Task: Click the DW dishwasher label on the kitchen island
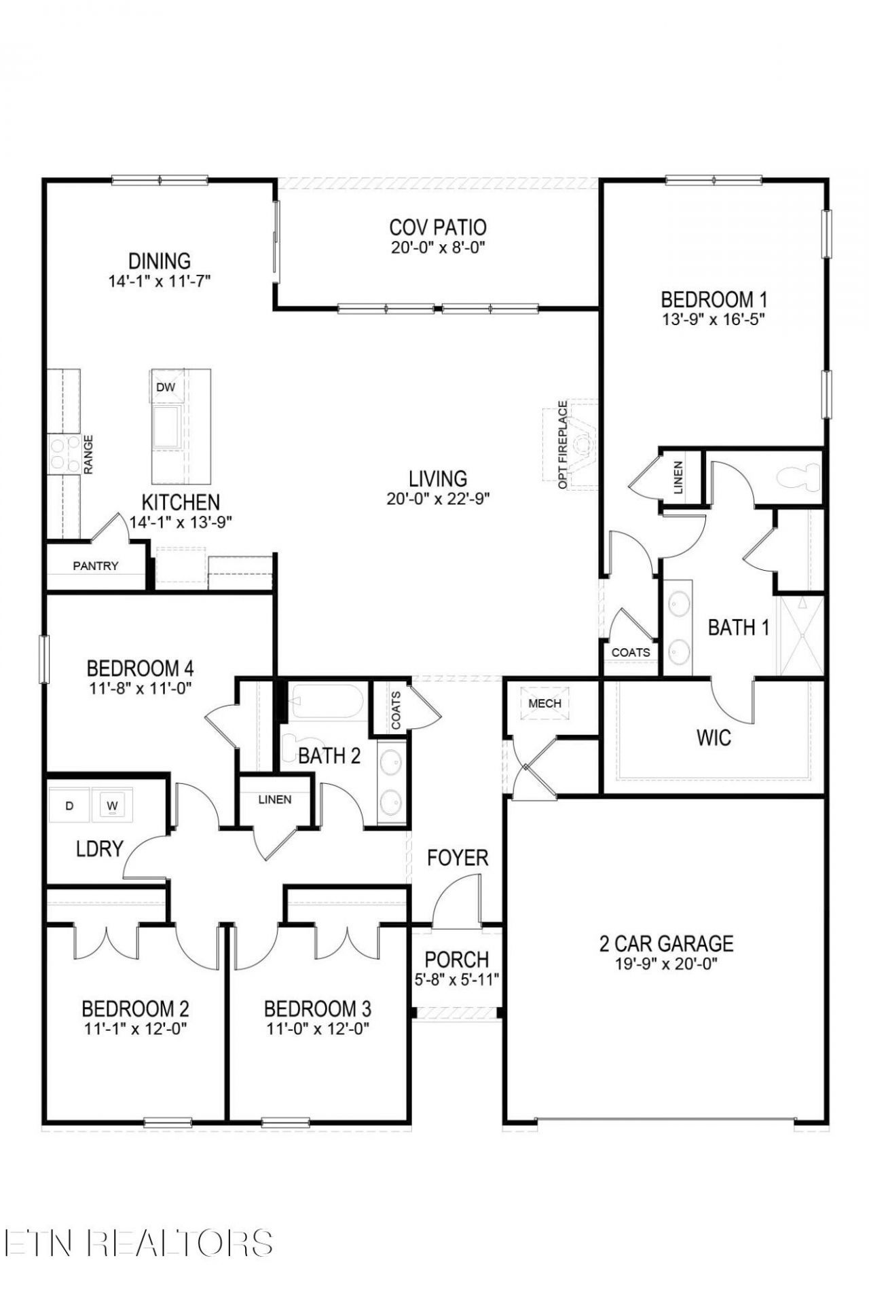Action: click(166, 388)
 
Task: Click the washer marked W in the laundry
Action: click(113, 806)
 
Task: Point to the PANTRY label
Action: click(96, 565)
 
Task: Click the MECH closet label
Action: click(544, 703)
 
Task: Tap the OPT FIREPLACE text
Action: click(562, 445)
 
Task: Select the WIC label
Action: click(714, 738)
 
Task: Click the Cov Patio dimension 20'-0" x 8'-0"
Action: click(438, 248)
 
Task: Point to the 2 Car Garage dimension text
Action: click(666, 964)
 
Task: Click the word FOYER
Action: click(458, 858)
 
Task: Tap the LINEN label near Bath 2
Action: click(275, 799)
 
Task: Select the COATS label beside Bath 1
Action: click(631, 652)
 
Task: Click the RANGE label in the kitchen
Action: click(88, 454)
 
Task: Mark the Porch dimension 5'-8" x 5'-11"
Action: click(457, 979)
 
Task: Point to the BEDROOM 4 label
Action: click(140, 668)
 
